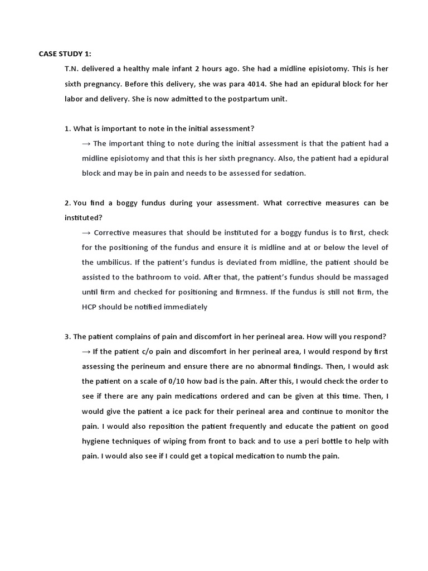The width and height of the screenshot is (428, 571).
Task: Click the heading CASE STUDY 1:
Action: pos(65,54)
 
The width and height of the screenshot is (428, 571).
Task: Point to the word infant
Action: pos(175,69)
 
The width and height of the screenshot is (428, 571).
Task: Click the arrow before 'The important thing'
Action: pos(86,143)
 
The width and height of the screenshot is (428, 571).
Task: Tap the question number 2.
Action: pos(67,203)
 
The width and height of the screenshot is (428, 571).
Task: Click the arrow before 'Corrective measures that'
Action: pos(86,233)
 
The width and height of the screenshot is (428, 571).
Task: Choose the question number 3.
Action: pos(67,337)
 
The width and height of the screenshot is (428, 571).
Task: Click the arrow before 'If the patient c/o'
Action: pos(86,352)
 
